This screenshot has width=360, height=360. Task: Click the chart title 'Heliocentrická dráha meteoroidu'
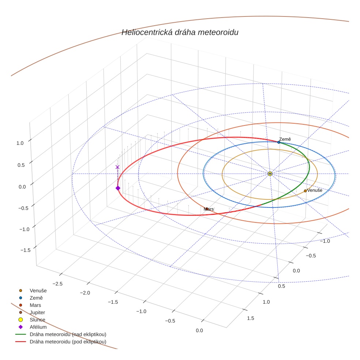(180, 33)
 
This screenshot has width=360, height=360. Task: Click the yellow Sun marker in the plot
(270, 173)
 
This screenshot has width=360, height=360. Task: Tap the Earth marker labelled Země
(279, 142)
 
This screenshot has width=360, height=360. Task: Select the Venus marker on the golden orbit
(305, 191)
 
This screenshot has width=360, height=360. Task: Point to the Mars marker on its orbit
(206, 209)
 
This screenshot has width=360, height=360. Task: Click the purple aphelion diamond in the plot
(118, 188)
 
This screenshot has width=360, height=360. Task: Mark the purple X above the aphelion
(117, 167)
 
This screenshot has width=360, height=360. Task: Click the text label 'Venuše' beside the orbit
(315, 190)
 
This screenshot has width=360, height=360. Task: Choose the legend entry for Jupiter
(37, 312)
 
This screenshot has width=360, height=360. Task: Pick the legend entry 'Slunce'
(37, 320)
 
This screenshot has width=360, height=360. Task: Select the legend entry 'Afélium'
(38, 327)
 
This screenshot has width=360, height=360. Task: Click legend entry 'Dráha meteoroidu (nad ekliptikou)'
(68, 334)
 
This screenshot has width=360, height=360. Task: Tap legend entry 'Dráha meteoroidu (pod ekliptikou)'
(68, 342)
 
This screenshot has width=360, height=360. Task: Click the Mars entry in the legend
(35, 305)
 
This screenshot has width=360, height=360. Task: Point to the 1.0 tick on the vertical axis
(20, 143)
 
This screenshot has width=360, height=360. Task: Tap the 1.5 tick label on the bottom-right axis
(251, 318)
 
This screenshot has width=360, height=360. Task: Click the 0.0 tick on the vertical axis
(22, 187)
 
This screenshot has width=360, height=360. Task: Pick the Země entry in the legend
(36, 298)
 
